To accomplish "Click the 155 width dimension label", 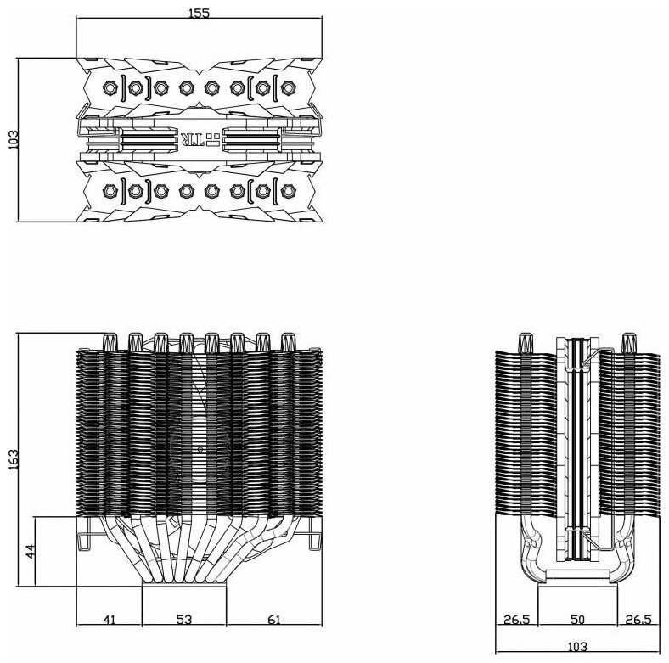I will [x=199, y=13].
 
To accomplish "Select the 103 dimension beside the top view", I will [x=13, y=140].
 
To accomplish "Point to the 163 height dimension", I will [x=13, y=459].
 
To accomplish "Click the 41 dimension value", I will [x=109, y=620].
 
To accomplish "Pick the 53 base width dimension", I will [x=183, y=620].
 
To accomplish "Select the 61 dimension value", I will [x=273, y=620].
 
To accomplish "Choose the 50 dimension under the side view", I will [x=577, y=620].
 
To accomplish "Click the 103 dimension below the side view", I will [x=577, y=648].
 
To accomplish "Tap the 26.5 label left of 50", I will [x=516, y=620].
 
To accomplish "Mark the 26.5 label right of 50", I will [x=638, y=620].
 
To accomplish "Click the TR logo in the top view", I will [x=192, y=138].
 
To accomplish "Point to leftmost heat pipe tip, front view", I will [x=109, y=341].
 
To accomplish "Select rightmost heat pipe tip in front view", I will [x=288, y=341].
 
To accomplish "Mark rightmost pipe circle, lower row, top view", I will [x=286, y=189].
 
